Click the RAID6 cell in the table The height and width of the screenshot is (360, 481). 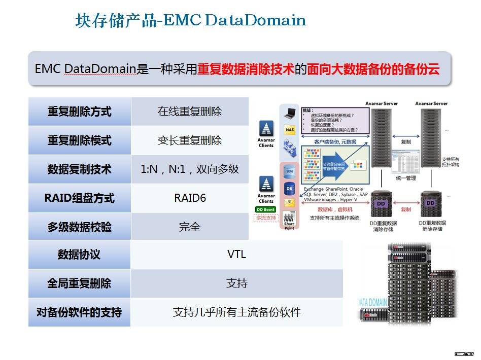(190, 198)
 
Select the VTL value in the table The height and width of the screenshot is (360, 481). (236, 254)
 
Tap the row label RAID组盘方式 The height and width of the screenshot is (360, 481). (79, 198)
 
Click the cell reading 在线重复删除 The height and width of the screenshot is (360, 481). (190, 111)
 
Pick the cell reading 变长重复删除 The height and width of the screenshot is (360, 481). (190, 140)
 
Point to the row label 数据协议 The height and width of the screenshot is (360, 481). (79, 254)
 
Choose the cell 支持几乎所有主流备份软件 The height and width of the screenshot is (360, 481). (236, 312)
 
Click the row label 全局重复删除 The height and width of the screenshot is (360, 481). (79, 283)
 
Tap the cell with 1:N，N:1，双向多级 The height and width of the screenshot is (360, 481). (190, 169)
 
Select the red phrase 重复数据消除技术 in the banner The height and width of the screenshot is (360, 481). (246, 69)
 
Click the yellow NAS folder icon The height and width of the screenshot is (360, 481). (290, 129)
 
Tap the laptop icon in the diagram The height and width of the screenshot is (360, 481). (290, 113)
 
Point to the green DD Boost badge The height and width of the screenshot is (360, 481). (265, 209)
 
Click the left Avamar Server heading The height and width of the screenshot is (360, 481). (382, 103)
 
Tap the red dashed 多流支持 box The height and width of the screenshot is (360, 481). (266, 218)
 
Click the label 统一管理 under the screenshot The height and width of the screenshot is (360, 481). (405, 178)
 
